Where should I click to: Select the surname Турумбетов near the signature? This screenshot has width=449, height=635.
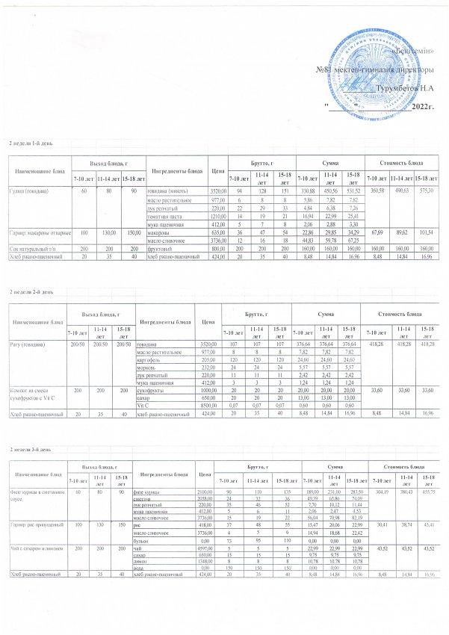pos(404,89)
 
